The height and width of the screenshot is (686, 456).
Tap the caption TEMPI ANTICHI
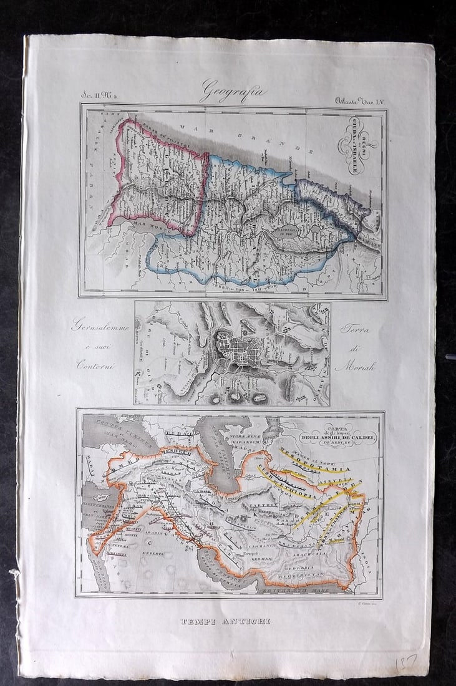[x=225, y=621]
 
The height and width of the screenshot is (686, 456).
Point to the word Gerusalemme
[x=101, y=326]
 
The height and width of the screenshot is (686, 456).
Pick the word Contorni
[x=99, y=365]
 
